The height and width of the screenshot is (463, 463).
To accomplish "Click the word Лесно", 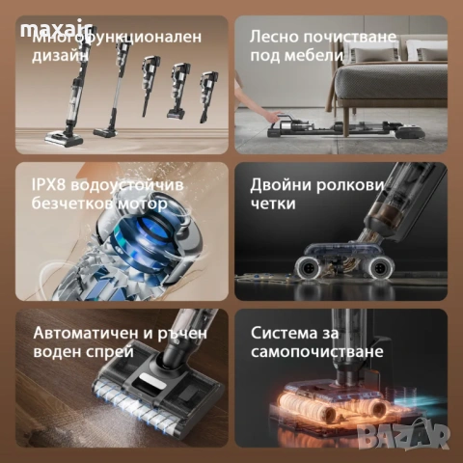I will pos(276,37).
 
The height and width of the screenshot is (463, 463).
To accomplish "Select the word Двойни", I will pos(283,184).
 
